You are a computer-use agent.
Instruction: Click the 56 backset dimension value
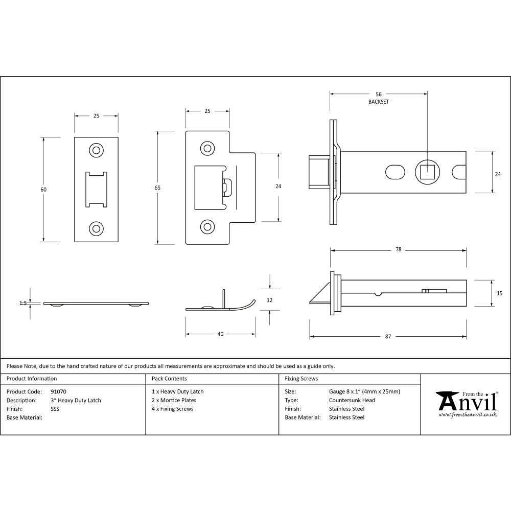378,94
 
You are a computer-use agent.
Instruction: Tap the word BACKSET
378,102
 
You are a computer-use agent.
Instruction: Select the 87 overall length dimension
388,336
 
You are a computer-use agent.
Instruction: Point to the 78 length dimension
398,250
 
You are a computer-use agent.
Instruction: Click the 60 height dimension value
43,190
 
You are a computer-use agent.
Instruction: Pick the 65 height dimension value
157,188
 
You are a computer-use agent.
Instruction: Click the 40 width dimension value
220,334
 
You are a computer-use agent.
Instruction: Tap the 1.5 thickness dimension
23,303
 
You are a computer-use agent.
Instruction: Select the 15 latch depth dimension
499,293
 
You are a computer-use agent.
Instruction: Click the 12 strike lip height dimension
270,300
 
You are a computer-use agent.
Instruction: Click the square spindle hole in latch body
427,172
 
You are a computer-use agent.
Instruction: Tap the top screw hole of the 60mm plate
96,150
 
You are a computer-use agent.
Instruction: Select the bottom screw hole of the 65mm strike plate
207,225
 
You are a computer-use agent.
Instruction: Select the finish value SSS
55,409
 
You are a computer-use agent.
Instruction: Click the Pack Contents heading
169,379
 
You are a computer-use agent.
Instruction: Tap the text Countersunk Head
352,400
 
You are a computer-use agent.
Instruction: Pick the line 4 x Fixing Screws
173,409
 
